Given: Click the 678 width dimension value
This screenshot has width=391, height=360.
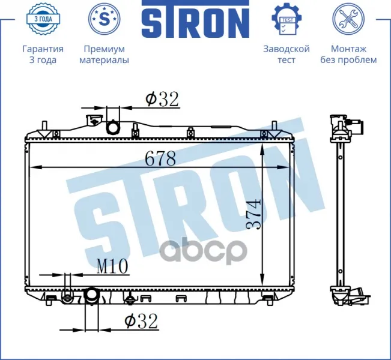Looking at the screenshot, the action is [x=160, y=158].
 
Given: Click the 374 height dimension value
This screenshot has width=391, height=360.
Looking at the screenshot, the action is [x=253, y=213].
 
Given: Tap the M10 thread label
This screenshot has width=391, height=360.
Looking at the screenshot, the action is [x=112, y=266].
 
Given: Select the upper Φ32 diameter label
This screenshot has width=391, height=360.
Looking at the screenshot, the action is [x=162, y=99].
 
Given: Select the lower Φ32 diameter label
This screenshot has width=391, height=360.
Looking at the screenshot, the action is [x=141, y=321].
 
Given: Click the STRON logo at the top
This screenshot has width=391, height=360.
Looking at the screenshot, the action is [x=196, y=19].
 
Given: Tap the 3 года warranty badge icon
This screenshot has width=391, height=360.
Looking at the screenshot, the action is [x=43, y=19].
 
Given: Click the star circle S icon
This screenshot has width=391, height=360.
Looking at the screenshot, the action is [x=105, y=19].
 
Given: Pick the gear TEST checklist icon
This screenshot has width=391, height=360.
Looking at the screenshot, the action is [x=286, y=19].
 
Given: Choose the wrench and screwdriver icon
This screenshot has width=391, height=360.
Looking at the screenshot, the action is [x=348, y=19].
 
